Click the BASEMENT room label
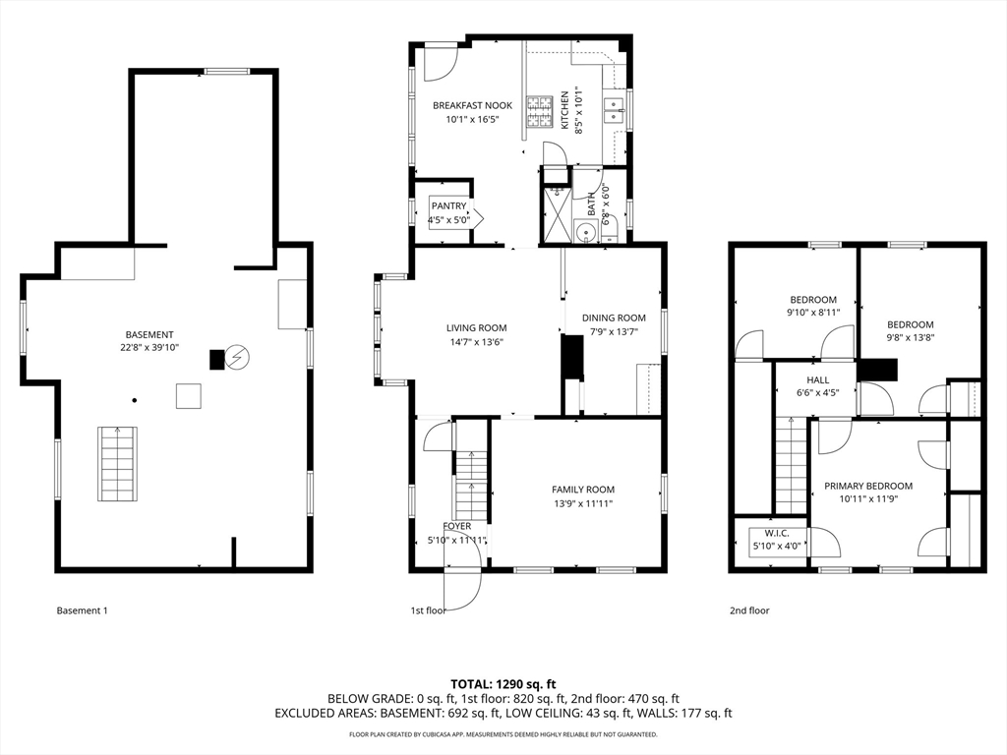point(149,334)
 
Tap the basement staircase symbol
point(118,464)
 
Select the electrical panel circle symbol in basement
point(238,358)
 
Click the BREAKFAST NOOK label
point(473,105)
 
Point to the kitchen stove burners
point(540,112)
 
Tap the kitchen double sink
point(615,110)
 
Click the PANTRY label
point(448,206)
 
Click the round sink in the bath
point(585,230)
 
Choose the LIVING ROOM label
point(477,328)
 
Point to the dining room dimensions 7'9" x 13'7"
point(614,331)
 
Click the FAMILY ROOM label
point(583,490)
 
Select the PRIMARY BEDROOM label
point(868,486)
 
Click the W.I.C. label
point(777,534)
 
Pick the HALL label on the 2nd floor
point(818,380)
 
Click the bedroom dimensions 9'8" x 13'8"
point(911,338)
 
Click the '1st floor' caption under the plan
point(429,610)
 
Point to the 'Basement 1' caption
point(83,610)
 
